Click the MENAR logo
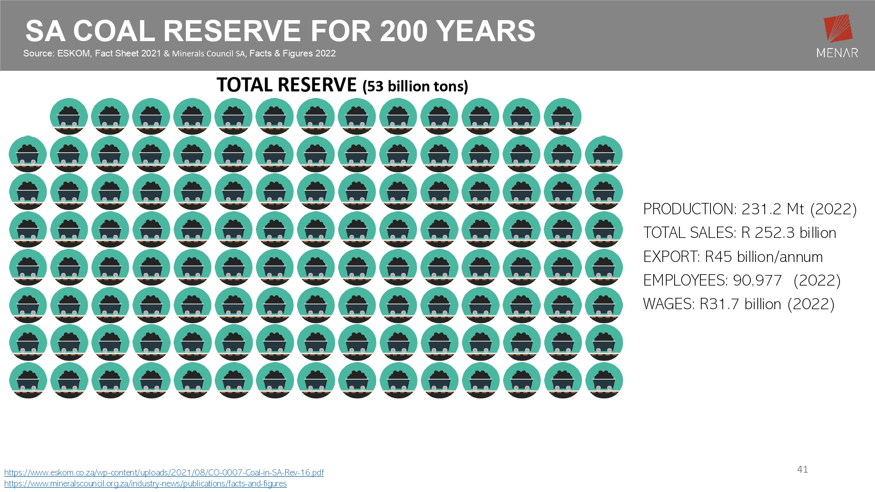tap(837, 36)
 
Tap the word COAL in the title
tap(114, 31)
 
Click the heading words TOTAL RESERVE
tap(287, 85)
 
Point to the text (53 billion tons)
tap(415, 86)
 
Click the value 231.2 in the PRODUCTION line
tap(761, 209)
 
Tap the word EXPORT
tap(671, 257)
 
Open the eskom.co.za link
tap(164, 472)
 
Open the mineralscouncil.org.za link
tap(146, 484)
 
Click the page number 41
tap(802, 469)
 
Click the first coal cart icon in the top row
tap(69, 116)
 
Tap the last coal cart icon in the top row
tap(563, 116)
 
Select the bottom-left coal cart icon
tap(28, 380)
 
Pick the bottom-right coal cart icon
tap(604, 380)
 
